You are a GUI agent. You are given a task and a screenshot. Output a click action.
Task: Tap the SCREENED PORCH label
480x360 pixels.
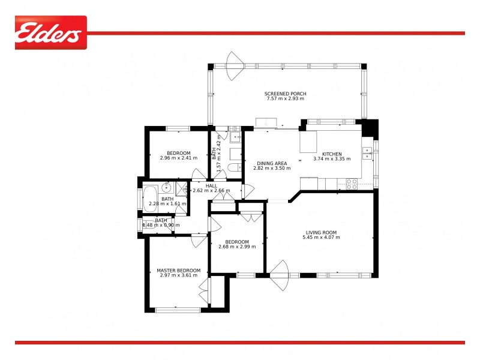(286, 94)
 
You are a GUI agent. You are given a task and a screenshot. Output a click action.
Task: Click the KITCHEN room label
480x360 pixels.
(332, 154)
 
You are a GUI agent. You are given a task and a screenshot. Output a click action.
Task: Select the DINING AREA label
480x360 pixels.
(255, 163)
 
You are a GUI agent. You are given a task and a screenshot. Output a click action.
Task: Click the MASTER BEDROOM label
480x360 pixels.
(174, 271)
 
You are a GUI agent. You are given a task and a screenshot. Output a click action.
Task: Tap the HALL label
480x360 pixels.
(211, 186)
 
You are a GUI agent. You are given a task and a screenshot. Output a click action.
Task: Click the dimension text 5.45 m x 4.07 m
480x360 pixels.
(321, 238)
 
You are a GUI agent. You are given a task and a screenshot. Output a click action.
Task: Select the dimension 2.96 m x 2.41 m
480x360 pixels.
(179, 158)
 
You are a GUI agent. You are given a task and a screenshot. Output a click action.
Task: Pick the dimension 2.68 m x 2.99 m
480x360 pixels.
(236, 247)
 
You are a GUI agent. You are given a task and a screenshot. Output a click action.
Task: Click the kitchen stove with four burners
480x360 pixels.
(352, 184)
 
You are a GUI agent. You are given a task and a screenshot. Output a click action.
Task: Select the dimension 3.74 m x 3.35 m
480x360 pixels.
(331, 159)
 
